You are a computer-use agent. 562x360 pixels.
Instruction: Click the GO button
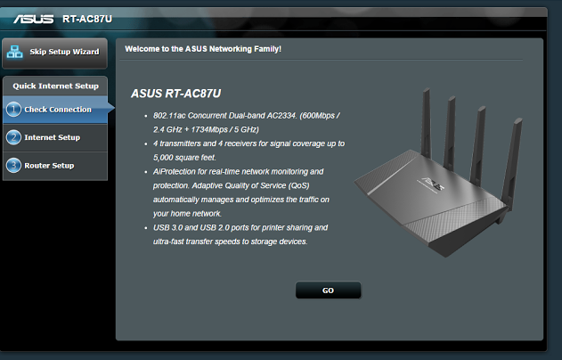click(328, 290)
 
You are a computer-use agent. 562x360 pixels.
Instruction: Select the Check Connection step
click(57, 110)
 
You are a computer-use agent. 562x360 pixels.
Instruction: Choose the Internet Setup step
click(52, 137)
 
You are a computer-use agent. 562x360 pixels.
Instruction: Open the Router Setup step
click(49, 166)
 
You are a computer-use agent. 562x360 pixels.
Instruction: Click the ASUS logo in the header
click(34, 18)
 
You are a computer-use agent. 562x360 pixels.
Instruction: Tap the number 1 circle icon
click(13, 110)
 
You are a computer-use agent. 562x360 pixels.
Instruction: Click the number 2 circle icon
click(13, 137)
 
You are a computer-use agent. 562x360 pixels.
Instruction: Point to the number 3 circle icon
click(13, 166)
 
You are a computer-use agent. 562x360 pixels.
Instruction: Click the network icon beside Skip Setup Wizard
click(15, 52)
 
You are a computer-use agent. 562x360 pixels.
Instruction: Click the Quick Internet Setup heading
click(55, 86)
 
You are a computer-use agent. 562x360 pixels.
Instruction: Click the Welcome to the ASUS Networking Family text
click(203, 48)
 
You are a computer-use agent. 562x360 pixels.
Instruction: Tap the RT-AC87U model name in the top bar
click(87, 18)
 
